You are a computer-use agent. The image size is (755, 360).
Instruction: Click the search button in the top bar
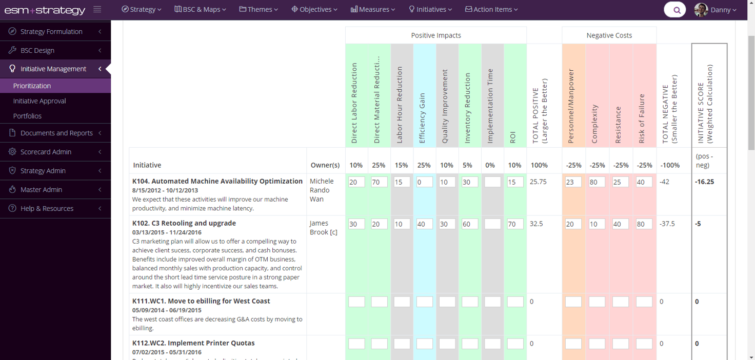pos(675,10)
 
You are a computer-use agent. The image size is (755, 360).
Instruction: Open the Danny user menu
pos(716,10)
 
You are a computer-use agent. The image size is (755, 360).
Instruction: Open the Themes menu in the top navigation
pos(259,9)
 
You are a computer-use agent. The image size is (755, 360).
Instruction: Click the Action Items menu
pos(491,9)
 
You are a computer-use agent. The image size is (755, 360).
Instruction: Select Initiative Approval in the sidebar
pos(39,101)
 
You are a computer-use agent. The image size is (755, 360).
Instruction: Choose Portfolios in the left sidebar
pos(27,116)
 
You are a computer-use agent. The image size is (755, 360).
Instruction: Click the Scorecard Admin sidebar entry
pos(46,152)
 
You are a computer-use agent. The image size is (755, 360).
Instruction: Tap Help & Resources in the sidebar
pos(47,209)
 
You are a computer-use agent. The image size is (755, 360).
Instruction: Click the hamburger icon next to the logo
pos(97,10)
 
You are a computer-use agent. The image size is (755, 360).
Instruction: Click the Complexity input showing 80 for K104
pos(597,182)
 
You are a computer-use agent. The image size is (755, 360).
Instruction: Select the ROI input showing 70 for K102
pos(515,224)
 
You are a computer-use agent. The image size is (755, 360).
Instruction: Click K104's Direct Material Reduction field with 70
pos(379,182)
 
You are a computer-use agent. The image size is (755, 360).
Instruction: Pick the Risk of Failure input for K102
pos(644,224)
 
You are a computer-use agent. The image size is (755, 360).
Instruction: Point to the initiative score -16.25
pos(704,182)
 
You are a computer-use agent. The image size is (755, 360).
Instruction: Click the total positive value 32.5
pos(536,224)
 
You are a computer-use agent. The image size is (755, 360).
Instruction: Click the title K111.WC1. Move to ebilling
pos(201,301)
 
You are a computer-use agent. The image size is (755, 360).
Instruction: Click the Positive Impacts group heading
pos(435,35)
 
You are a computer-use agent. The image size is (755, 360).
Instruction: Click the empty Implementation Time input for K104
pos(492,182)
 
